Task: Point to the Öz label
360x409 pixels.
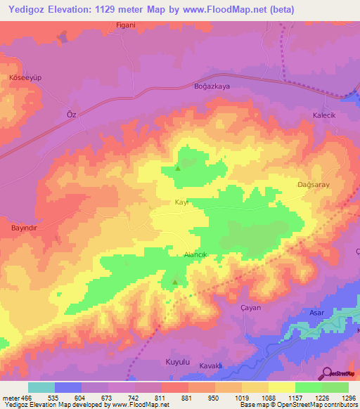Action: click(70, 114)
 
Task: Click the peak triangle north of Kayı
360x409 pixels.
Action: click(177, 168)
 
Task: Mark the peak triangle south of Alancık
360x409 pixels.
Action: click(174, 283)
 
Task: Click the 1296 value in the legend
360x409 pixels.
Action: click(349, 398)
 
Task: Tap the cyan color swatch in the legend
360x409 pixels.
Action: click(41, 387)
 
